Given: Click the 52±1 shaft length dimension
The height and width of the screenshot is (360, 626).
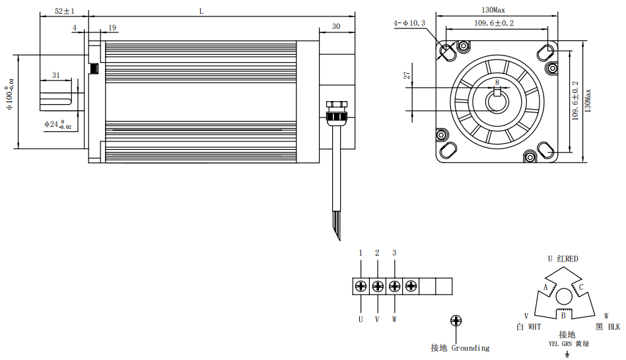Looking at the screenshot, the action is [64, 11].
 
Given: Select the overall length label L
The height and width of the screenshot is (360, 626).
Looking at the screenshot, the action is [201, 12].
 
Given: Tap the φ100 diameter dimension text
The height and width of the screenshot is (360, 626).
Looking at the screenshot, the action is [9, 94].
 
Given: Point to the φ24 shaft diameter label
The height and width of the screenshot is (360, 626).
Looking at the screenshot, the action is [58, 124].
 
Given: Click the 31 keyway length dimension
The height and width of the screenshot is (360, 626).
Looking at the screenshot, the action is [56, 75].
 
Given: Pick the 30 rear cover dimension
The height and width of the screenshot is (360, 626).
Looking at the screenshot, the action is [336, 26].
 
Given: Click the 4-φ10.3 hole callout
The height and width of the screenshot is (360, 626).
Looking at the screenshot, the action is [409, 23].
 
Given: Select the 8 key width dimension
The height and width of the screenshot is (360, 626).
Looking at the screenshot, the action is [497, 83].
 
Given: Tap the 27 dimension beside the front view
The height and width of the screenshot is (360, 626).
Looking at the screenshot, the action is [406, 75].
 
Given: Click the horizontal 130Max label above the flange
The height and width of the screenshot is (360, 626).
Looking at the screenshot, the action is [493, 10].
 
